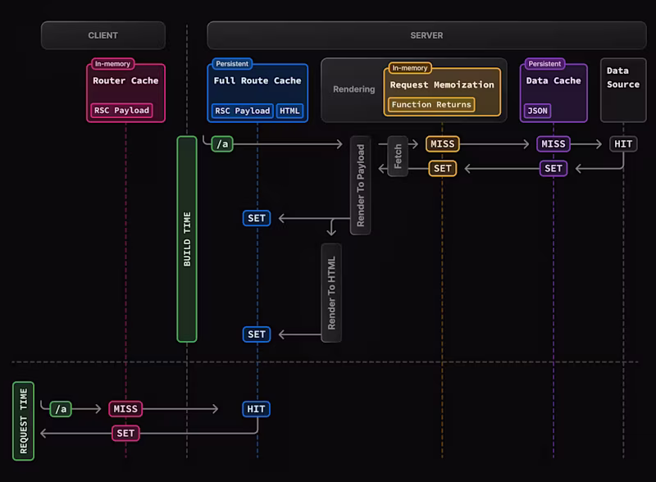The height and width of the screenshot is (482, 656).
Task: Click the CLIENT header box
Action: click(x=103, y=35)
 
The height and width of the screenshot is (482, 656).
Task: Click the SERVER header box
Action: click(x=426, y=35)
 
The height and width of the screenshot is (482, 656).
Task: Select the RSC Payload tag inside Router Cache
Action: click(x=121, y=111)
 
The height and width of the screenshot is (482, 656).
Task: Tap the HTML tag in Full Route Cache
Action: click(x=289, y=111)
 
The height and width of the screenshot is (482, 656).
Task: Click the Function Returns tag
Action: click(x=430, y=104)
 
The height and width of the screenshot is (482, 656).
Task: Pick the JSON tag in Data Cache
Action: click(x=537, y=111)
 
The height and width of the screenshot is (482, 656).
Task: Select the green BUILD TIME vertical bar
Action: click(x=187, y=239)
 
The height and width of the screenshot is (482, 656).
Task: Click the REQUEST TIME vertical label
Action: click(x=23, y=421)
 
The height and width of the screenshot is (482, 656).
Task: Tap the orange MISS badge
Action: click(x=442, y=144)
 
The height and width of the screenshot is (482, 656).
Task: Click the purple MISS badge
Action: click(x=553, y=144)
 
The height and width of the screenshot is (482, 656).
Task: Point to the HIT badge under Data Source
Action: click(x=623, y=144)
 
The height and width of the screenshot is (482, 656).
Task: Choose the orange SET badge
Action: click(x=442, y=168)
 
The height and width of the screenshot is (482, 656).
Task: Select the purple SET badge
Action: click(x=553, y=168)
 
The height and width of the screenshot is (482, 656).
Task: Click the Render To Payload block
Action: click(x=360, y=185)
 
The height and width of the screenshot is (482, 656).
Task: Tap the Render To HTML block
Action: click(x=331, y=293)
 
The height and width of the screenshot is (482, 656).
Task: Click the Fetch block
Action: click(x=398, y=156)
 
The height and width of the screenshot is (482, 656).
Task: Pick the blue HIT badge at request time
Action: click(x=257, y=409)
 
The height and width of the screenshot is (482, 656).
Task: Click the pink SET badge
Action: click(x=125, y=433)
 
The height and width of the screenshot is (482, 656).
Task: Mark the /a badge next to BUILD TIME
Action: click(x=221, y=144)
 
